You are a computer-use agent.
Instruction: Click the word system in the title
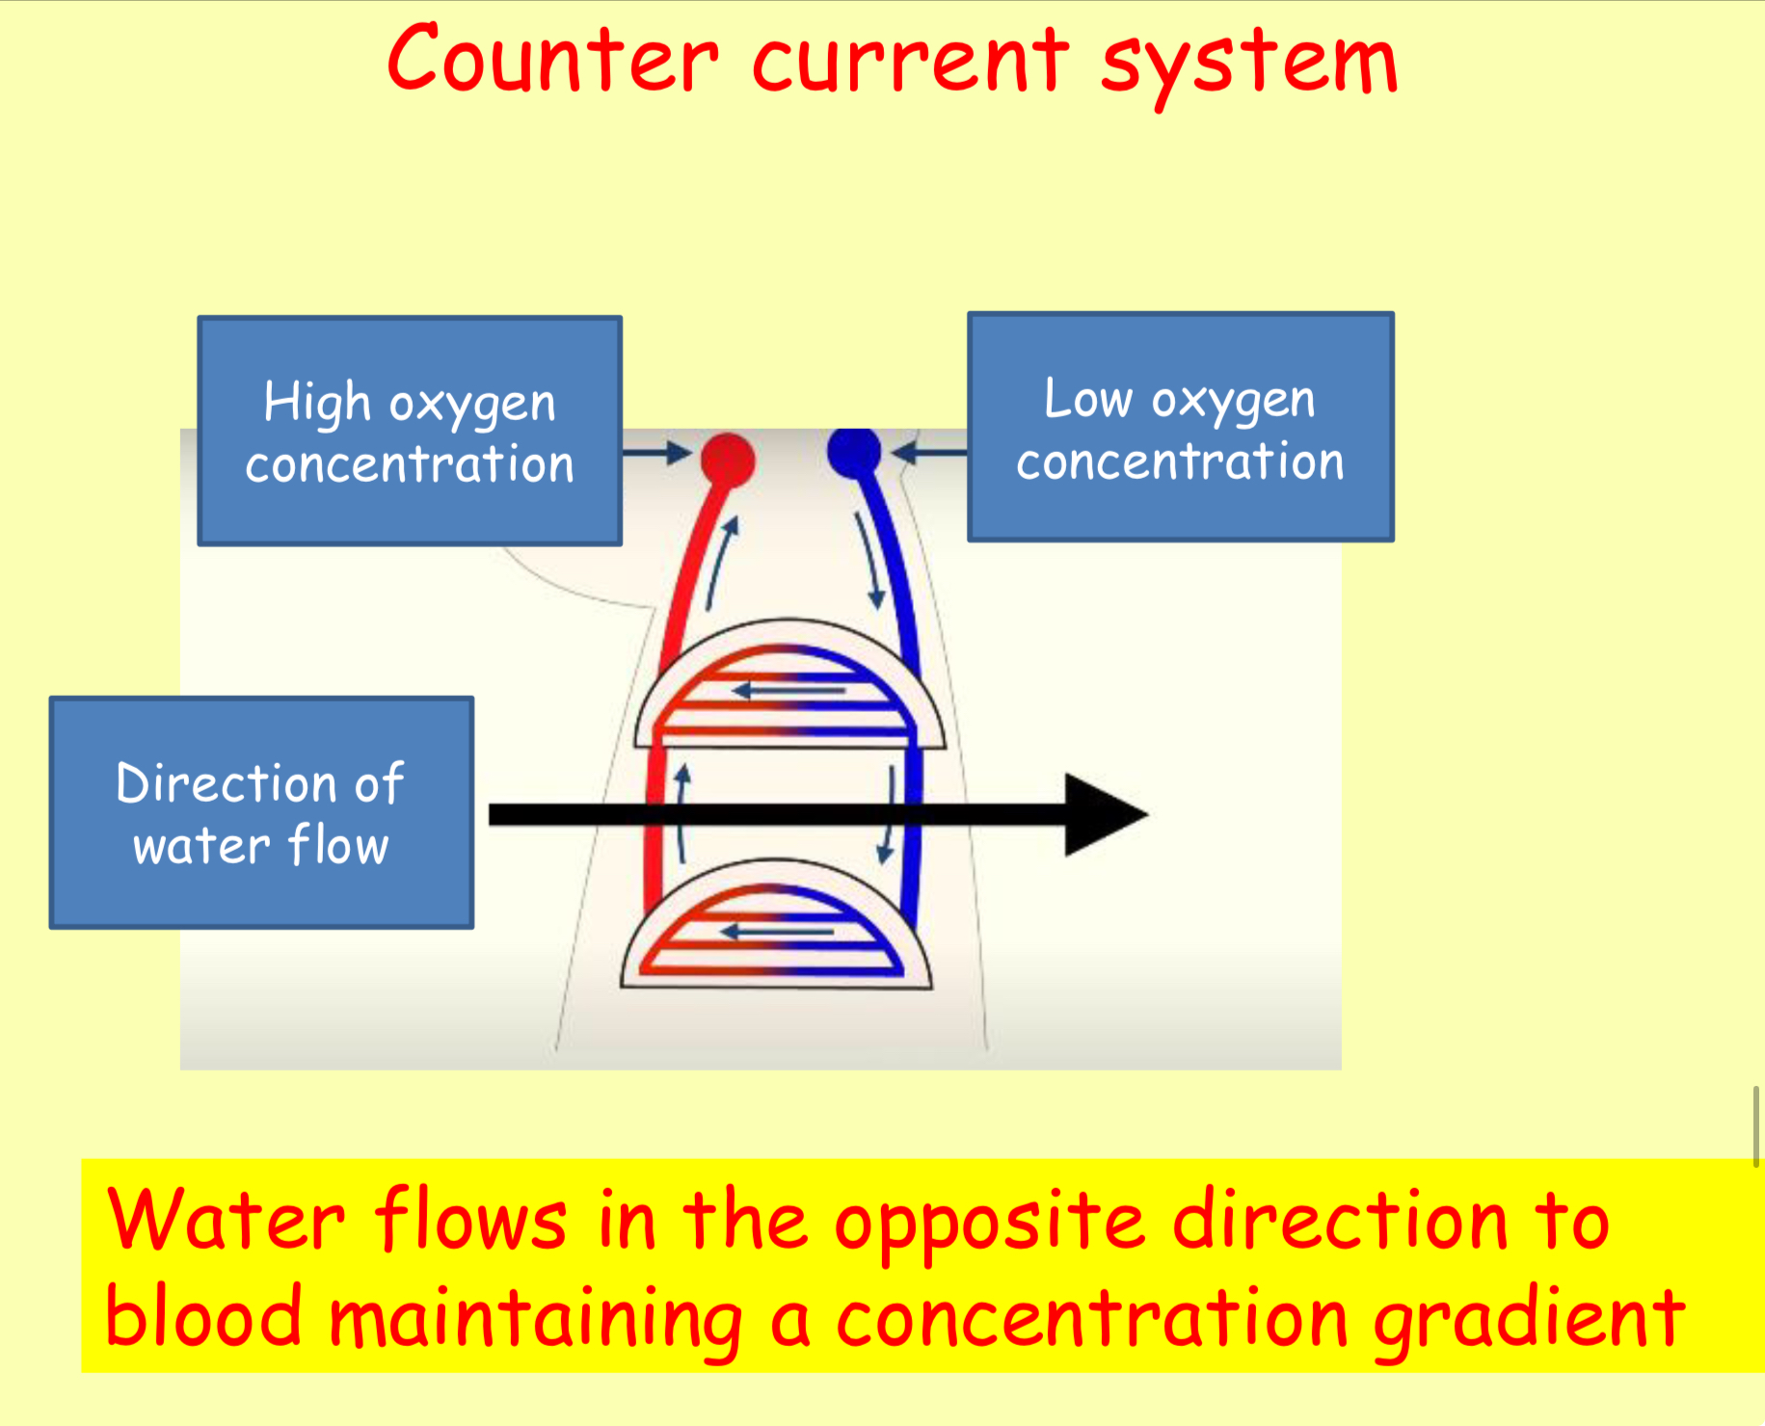1249,63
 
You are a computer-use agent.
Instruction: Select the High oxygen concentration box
410,431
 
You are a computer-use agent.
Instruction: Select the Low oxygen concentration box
1180,427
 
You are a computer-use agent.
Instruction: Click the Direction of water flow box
261,812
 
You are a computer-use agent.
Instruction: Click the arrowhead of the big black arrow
1105,815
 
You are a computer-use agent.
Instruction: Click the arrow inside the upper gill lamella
789,690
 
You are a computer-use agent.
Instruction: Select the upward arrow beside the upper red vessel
721,563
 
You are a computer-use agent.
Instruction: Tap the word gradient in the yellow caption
1529,1320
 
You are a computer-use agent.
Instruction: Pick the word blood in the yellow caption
203,1318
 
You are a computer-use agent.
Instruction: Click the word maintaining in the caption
536,1320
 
